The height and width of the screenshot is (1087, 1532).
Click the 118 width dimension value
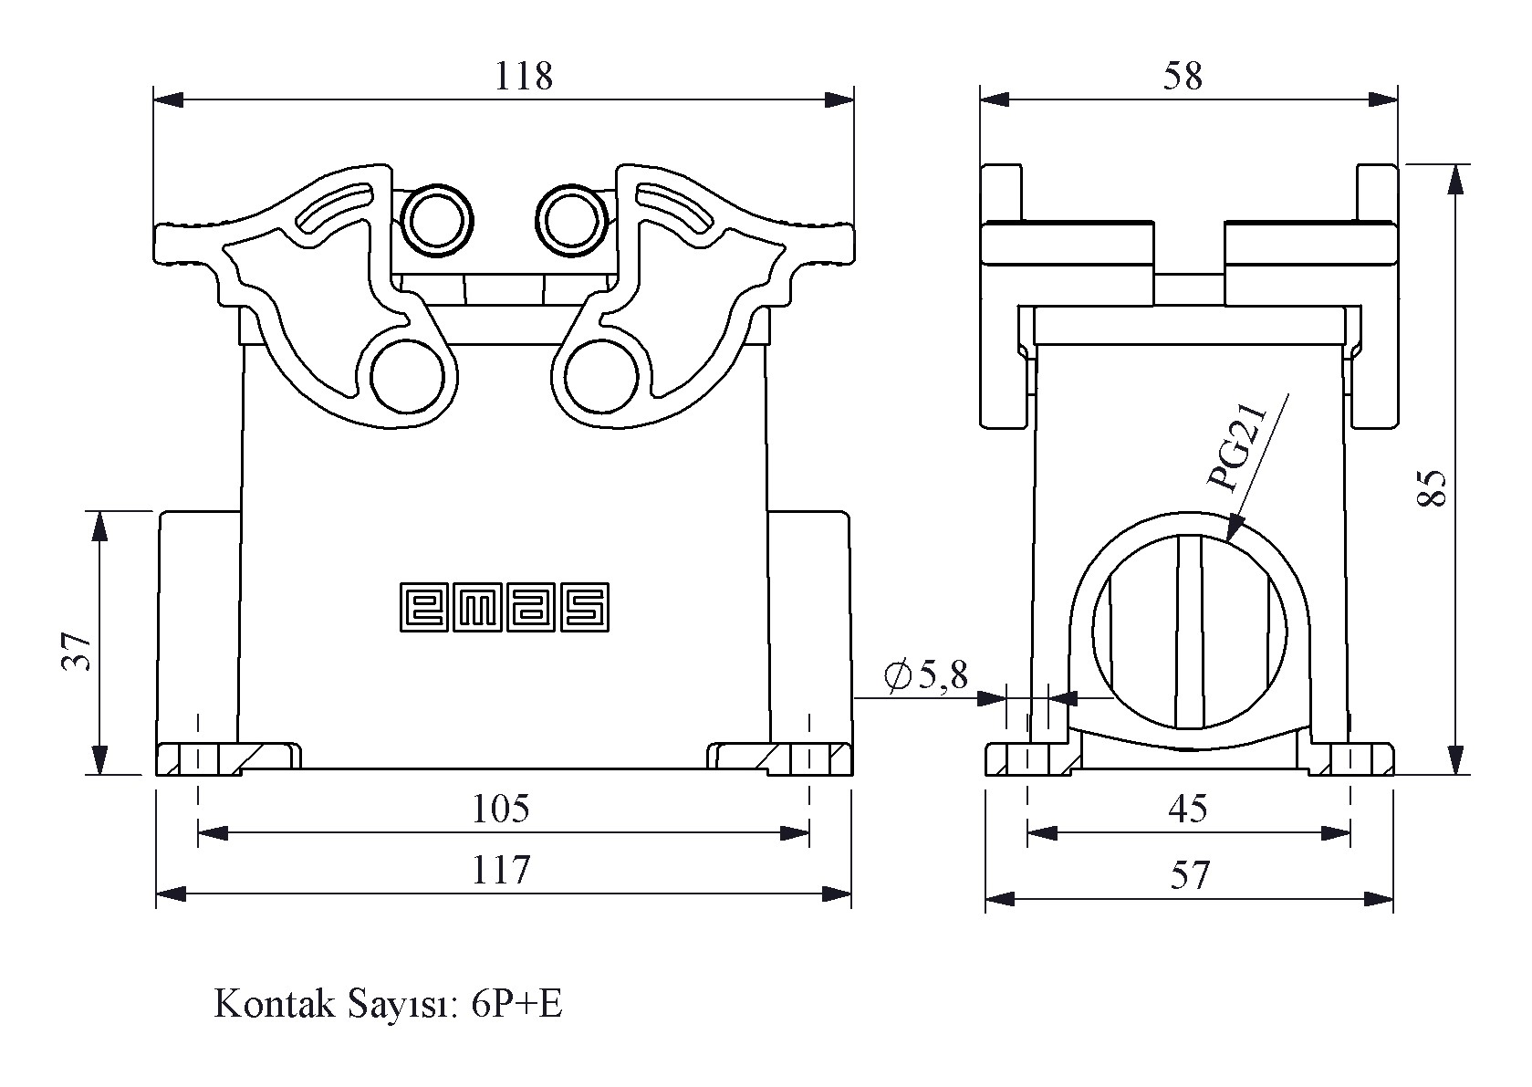point(523,76)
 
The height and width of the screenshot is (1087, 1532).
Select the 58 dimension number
point(1183,76)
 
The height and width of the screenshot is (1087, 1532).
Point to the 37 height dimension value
point(78,652)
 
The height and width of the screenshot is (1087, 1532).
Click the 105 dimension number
point(501,809)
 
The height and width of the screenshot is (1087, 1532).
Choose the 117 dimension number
point(501,870)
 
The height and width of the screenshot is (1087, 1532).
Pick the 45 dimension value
point(1188,810)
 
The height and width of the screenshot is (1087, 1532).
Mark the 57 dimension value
point(1190,875)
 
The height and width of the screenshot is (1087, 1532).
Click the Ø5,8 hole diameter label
point(926,676)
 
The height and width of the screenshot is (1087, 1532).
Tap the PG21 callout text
point(1237,448)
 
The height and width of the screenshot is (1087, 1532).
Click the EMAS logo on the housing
point(504,608)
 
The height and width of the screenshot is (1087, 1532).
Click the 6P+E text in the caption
point(517,1004)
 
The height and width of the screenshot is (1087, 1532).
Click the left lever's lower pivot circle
point(408,377)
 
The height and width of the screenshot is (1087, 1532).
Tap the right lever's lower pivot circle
point(602,377)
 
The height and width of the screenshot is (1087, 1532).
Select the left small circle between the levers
point(437,220)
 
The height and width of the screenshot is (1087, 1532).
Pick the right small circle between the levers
point(572,220)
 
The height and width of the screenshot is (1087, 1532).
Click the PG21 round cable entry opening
point(1189,632)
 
